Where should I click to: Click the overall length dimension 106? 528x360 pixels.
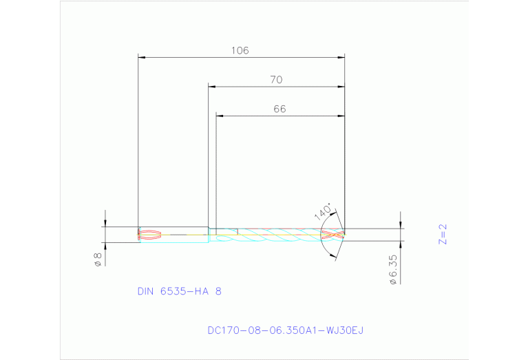(240, 50)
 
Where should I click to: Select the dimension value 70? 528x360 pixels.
(275, 80)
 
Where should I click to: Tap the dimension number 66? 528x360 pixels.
(279, 109)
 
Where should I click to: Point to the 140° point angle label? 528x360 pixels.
(324, 211)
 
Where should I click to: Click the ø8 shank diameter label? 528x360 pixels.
(98, 260)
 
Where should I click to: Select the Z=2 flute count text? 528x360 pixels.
(443, 234)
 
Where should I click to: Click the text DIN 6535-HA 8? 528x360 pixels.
(180, 291)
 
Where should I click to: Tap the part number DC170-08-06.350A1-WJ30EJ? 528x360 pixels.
(285, 330)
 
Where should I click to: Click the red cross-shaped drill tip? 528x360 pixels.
(332, 234)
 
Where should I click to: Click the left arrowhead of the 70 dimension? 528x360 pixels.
(212, 87)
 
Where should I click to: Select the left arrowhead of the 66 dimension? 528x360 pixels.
(220, 116)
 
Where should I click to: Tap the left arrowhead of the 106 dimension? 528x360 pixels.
(142, 57)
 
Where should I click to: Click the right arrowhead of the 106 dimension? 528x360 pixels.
(341, 57)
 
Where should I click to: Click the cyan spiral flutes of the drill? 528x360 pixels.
(275, 235)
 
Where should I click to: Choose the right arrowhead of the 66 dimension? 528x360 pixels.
(341, 116)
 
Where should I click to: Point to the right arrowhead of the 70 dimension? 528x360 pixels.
(341, 87)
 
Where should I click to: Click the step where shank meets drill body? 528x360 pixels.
(209, 234)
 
